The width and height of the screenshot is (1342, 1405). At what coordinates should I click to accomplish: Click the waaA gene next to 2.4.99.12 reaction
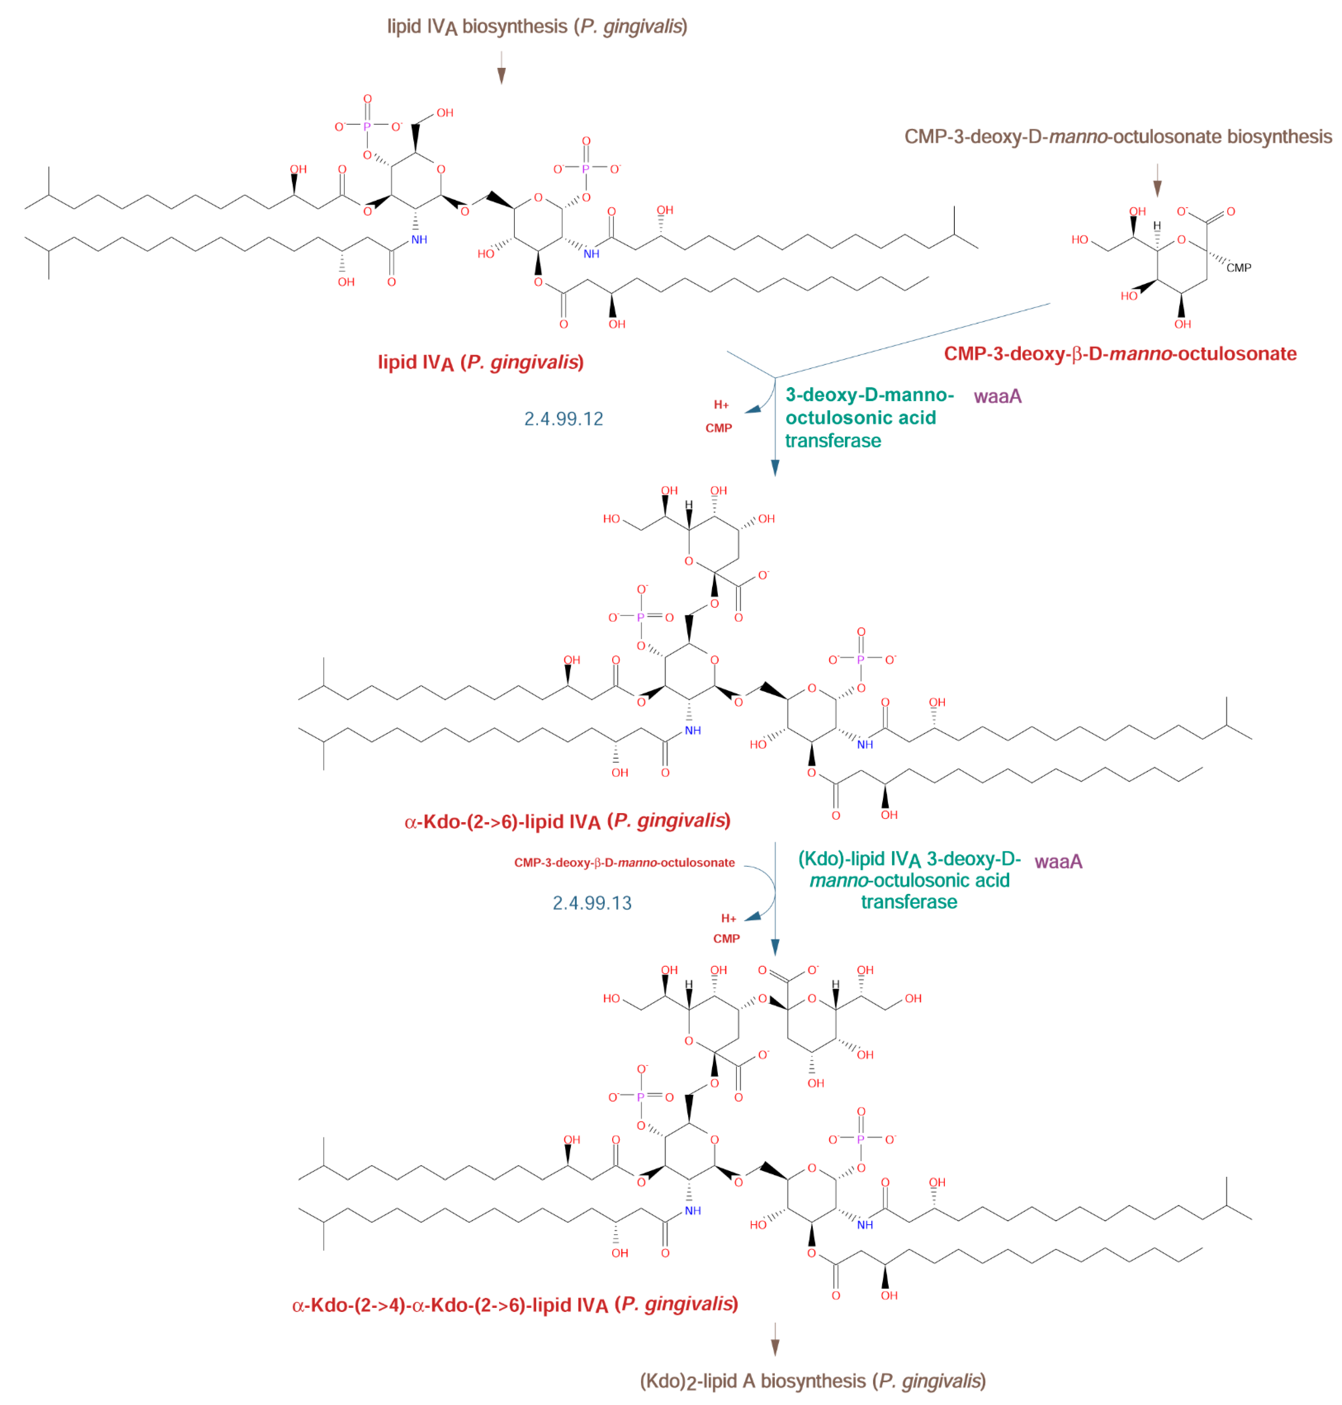point(997,396)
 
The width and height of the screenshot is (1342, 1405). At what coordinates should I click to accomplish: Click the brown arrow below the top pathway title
point(501,68)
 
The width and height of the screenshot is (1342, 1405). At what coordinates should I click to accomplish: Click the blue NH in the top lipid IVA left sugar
point(419,240)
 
